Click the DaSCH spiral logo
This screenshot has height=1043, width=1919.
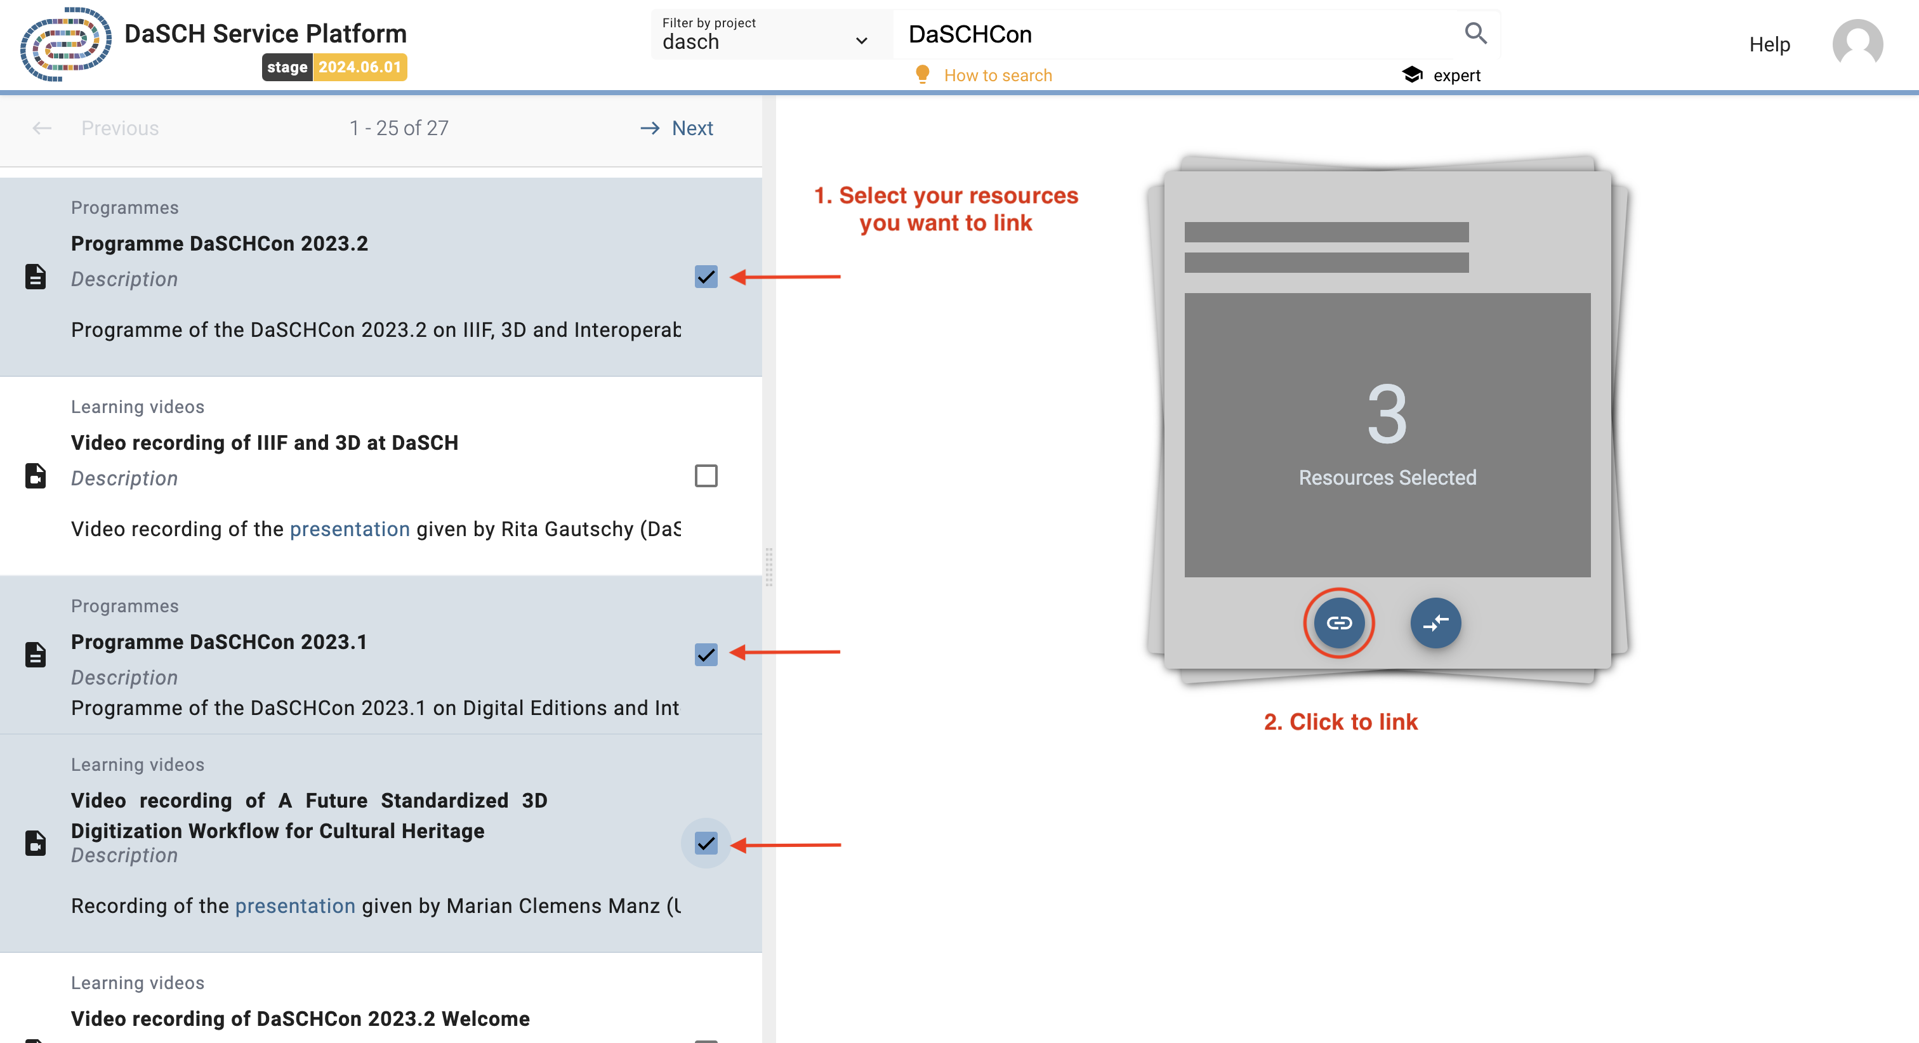[65, 44]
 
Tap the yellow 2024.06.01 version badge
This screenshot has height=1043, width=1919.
[360, 67]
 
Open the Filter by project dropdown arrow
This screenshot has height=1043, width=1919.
[861, 41]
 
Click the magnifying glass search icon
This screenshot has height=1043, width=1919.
[1475, 34]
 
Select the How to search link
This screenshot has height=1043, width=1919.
[997, 75]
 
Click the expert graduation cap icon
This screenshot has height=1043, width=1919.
[1412, 74]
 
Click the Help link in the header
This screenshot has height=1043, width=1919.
[1769, 44]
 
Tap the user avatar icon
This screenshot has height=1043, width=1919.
[1857, 44]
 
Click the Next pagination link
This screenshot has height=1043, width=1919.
[691, 128]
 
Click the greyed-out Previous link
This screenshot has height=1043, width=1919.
[119, 128]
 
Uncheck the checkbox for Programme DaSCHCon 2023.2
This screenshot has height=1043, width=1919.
[706, 277]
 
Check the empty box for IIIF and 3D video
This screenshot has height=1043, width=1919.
[706, 475]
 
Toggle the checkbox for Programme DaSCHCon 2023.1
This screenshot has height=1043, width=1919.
[706, 654]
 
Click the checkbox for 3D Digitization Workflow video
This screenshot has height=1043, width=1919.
[706, 843]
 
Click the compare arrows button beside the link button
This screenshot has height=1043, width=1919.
[1435, 623]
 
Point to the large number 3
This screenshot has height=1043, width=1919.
[1387, 414]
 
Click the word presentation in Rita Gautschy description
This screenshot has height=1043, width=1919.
[350, 529]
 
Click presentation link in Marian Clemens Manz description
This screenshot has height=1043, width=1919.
[295, 906]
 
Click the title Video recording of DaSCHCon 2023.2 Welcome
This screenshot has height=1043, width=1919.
[300, 1018]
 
